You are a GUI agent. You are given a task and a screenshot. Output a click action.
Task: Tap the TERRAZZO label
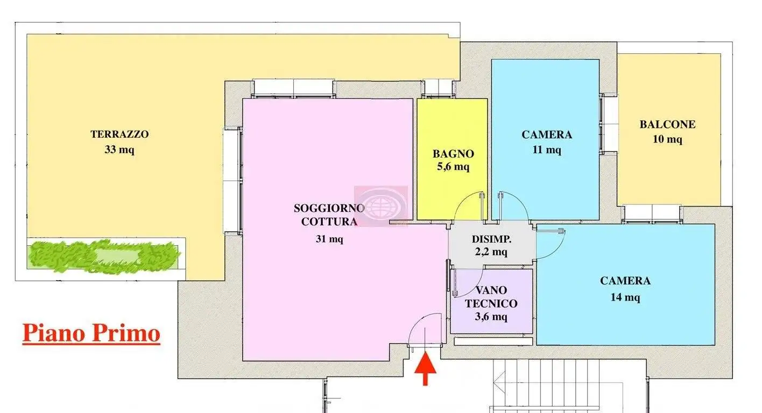point(119,134)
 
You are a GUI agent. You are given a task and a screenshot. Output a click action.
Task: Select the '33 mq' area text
point(119,150)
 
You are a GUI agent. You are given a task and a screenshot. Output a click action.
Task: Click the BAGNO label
point(453,154)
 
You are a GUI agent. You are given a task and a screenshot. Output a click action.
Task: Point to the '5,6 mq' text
point(453,167)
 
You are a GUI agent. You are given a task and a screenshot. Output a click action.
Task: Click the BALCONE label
point(667,125)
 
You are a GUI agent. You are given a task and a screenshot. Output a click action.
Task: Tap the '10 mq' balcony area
point(667,140)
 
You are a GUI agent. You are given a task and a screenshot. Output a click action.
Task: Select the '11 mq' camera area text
point(547,150)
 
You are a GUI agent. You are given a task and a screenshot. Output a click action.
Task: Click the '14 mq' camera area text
point(625,297)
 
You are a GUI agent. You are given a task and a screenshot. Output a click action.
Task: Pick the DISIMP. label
point(491,239)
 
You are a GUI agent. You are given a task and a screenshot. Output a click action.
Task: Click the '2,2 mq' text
point(491,252)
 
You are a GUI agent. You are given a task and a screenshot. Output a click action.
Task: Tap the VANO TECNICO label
point(491,297)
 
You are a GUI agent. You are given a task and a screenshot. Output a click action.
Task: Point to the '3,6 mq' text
point(491,317)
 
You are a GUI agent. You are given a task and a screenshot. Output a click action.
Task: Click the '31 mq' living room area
point(329,239)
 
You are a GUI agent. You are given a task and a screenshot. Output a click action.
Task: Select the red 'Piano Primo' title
point(91,333)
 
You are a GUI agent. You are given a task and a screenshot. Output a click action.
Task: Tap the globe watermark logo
point(380,206)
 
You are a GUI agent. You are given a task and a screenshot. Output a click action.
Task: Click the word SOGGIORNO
point(329,208)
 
